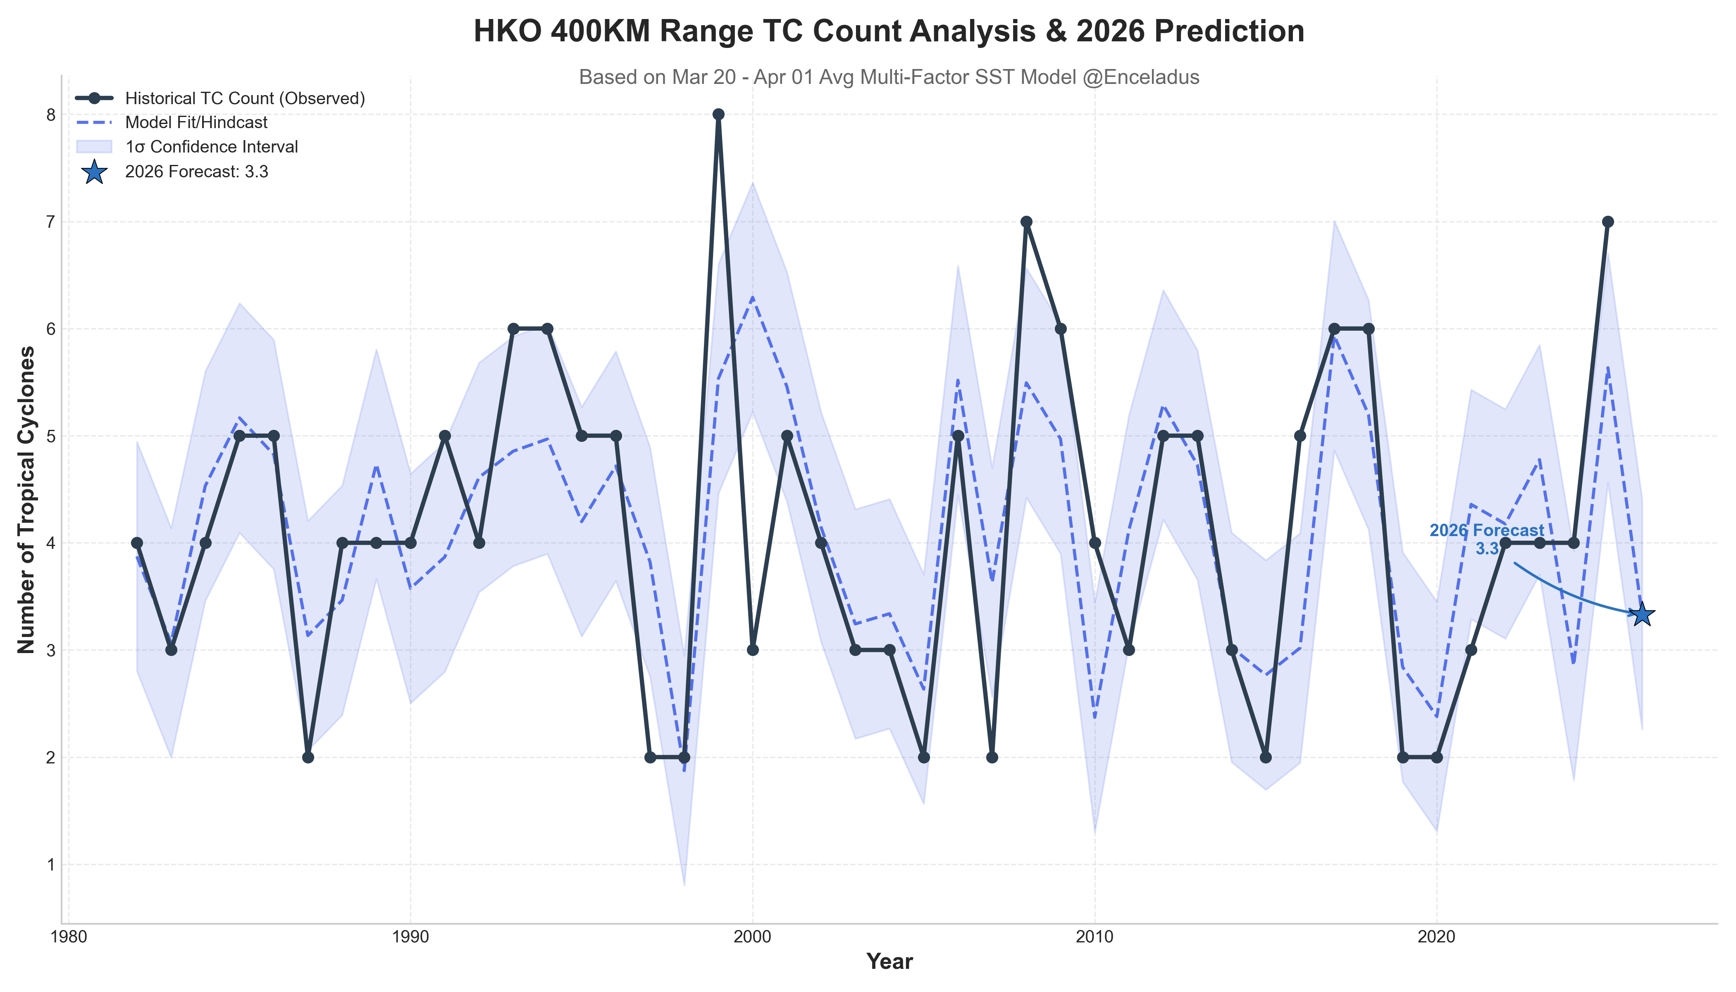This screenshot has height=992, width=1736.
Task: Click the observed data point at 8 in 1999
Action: [718, 114]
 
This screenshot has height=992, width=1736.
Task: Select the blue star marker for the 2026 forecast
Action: [1642, 614]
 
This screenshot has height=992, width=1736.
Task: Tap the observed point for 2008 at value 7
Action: [1026, 222]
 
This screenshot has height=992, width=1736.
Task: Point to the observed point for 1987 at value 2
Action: [308, 757]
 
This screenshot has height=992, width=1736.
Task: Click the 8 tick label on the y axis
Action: [50, 114]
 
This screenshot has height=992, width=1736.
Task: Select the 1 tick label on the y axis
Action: [50, 865]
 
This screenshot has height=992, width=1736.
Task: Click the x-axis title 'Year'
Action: [889, 961]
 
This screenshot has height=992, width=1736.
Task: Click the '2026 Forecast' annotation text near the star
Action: [1487, 531]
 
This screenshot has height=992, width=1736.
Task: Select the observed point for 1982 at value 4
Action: [137, 543]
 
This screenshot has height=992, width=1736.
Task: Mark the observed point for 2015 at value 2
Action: [1266, 757]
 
